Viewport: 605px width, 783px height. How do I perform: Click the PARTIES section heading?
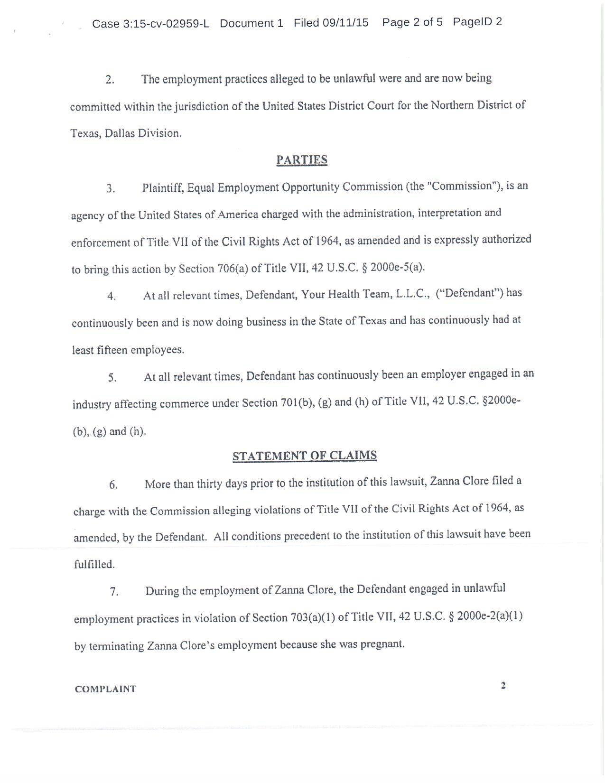(x=302, y=160)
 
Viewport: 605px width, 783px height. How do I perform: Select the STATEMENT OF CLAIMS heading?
(x=305, y=456)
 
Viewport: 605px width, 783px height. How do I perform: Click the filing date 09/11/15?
(x=345, y=23)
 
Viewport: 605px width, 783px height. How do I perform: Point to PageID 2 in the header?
(x=477, y=22)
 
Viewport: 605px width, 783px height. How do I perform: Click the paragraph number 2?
(x=110, y=80)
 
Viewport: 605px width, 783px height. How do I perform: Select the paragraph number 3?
(x=111, y=189)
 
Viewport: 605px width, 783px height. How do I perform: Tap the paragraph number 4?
(x=112, y=297)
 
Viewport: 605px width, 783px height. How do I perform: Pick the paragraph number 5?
(x=112, y=378)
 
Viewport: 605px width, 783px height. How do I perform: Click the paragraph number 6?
(x=113, y=485)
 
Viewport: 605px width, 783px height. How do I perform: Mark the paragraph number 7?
(x=114, y=592)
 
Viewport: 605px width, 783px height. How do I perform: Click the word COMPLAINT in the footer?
(x=105, y=689)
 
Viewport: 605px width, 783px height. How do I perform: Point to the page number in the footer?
(x=503, y=685)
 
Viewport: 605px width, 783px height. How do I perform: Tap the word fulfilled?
(x=94, y=565)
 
